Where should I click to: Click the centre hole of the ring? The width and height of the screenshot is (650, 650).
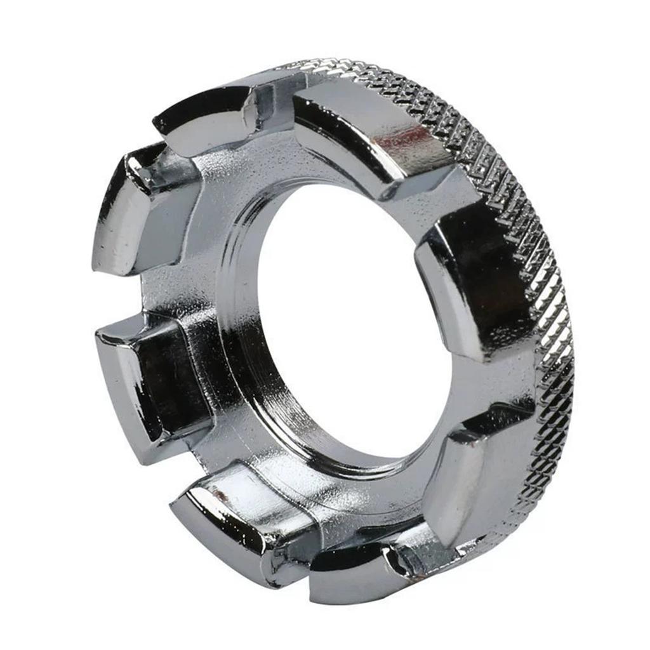click(355, 317)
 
